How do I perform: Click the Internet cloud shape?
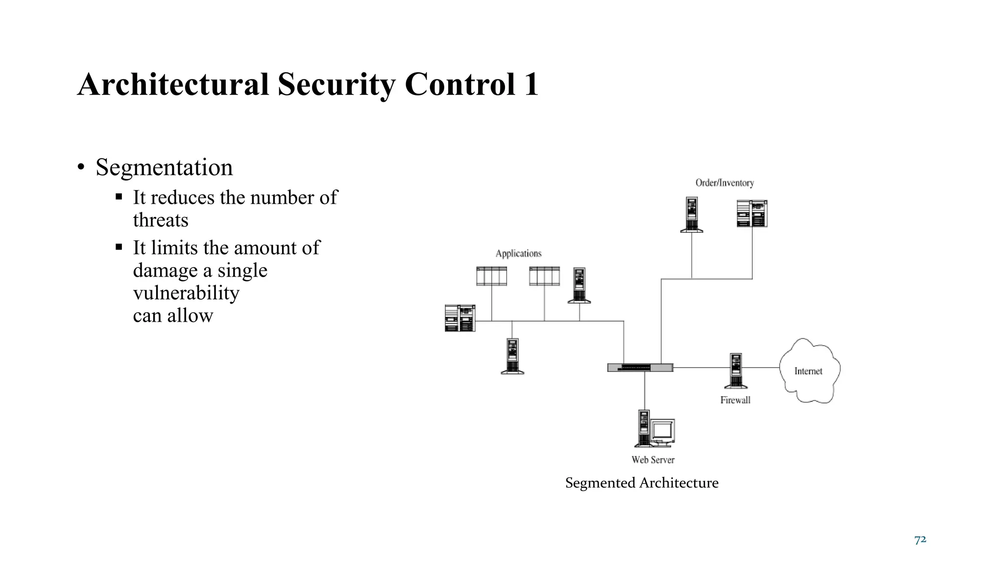809,371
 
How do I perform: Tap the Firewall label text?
735,400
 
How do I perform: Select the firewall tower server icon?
735,371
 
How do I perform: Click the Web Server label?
653,460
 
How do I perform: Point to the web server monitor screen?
662,431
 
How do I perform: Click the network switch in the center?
640,368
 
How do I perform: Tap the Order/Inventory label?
724,183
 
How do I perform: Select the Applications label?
518,253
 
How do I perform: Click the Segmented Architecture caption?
642,483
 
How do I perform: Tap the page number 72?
920,540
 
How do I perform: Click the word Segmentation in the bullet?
164,167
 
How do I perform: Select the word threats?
161,220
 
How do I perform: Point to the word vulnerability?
186,293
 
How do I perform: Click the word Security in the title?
336,84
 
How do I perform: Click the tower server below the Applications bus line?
512,356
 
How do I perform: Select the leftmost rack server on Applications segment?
460,318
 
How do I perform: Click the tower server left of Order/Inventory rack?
692,214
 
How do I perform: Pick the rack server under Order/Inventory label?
752,213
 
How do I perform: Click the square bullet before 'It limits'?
119,247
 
